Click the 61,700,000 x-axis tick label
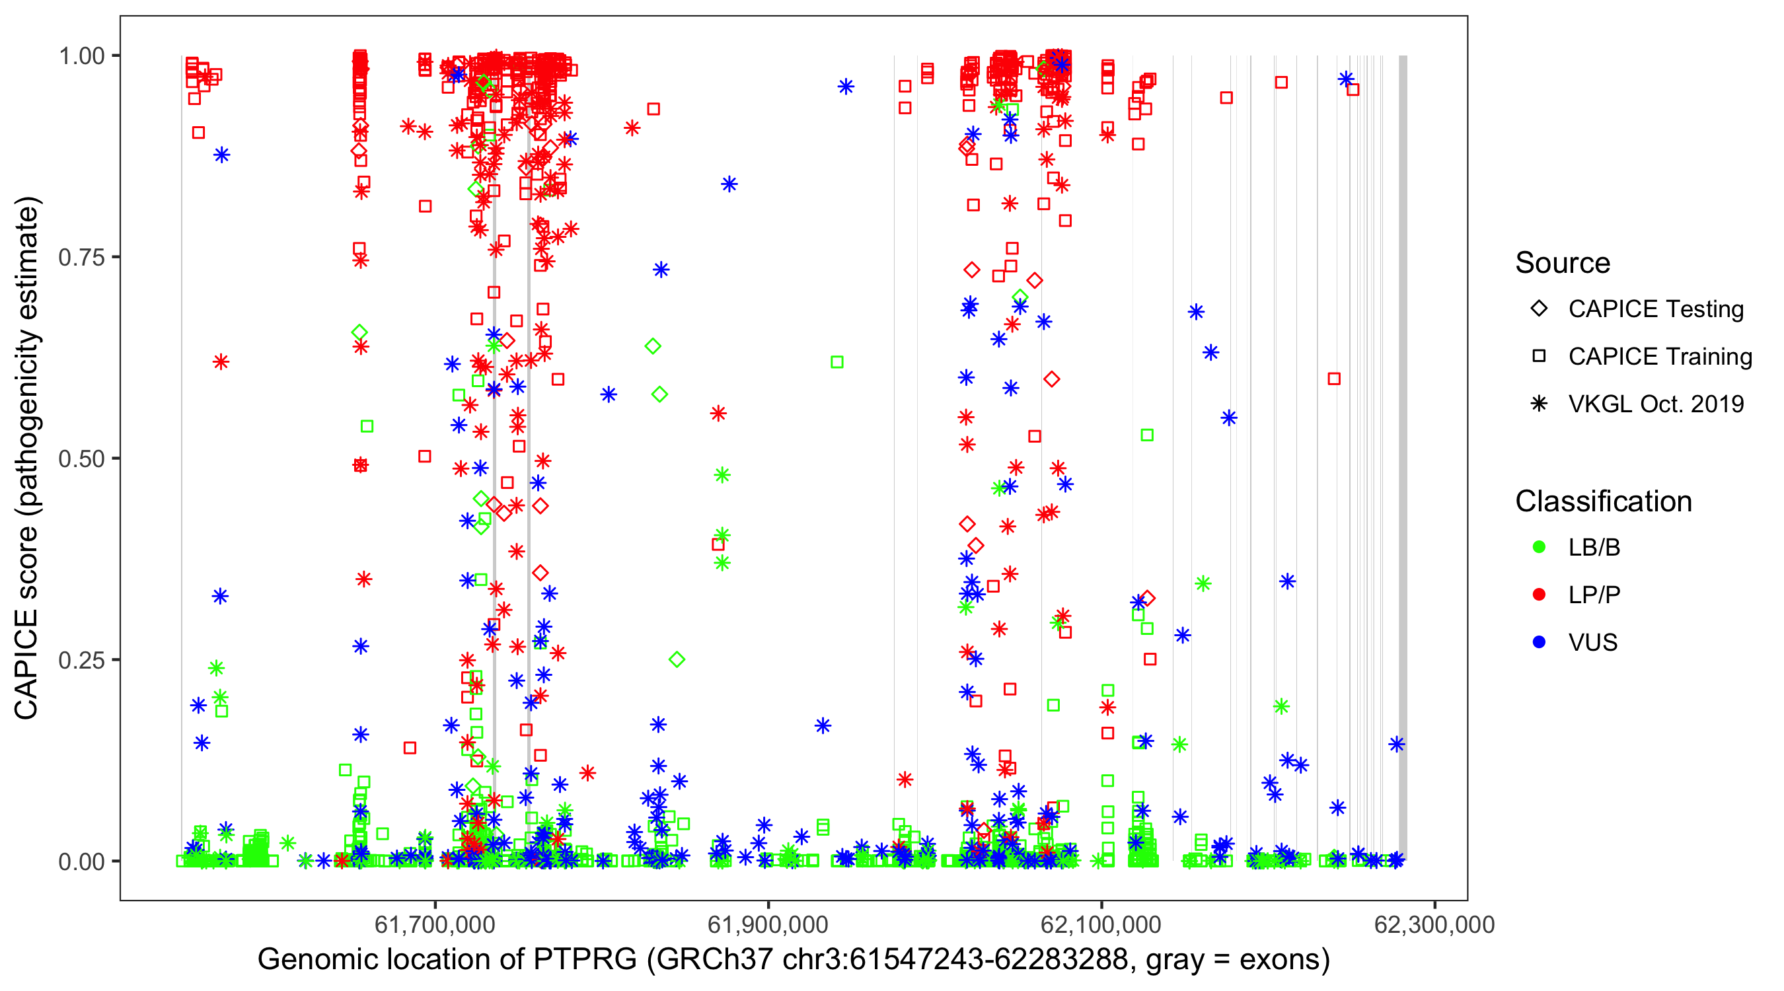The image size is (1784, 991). (x=435, y=925)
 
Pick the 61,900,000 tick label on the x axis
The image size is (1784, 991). (x=768, y=925)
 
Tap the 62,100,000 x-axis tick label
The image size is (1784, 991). (x=1101, y=925)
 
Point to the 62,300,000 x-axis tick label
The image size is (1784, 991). (x=1434, y=925)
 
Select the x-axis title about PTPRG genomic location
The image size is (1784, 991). (x=794, y=960)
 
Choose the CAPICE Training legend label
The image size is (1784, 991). (x=1660, y=357)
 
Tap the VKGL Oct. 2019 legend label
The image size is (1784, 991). (x=1656, y=404)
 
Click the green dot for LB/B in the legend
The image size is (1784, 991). (x=1539, y=548)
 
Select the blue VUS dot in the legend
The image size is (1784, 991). (x=1539, y=643)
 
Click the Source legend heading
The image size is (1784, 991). (x=1563, y=263)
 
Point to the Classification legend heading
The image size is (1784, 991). (x=1603, y=501)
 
